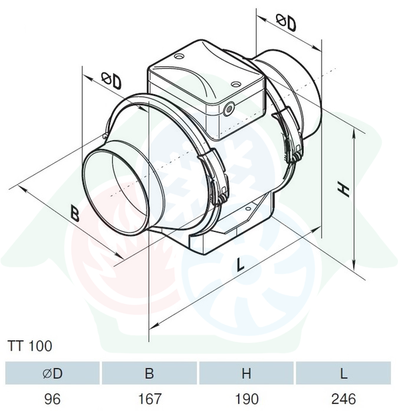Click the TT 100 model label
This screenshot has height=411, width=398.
30,346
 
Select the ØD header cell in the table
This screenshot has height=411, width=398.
52,373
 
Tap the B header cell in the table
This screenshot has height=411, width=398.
149,373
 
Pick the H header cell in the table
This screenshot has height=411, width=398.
246,373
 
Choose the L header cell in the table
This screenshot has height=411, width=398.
344,373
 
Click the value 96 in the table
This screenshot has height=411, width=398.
52,399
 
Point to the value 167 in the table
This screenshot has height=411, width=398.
149,399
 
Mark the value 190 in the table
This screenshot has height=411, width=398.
247,399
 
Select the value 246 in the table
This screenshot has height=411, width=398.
344,399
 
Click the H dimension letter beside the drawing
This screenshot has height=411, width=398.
343,190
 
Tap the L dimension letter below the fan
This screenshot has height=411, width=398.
240,264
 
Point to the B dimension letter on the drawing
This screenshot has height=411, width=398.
75,213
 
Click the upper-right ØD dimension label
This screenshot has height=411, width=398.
287,23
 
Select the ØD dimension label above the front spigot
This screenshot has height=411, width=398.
112,80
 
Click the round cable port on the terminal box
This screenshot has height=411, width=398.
229,108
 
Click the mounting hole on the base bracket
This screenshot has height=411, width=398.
248,209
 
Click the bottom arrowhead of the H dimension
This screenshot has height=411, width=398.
354,265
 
